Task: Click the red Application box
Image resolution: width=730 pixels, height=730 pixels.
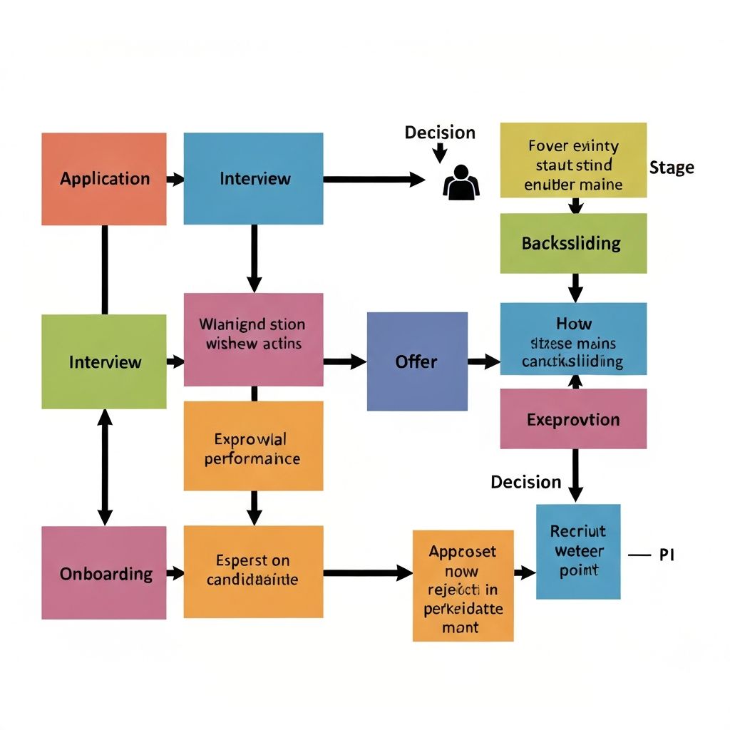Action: click(104, 179)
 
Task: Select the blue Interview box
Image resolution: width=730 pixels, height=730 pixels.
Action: click(253, 179)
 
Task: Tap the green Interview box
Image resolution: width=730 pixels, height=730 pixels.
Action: click(104, 361)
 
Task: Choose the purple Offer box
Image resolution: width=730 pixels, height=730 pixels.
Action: click(417, 361)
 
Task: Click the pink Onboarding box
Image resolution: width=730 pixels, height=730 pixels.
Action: click(104, 573)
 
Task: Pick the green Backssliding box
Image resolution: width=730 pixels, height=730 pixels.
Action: click(573, 243)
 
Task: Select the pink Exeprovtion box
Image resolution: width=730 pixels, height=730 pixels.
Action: click(573, 418)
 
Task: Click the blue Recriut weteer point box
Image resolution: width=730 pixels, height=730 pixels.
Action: click(577, 551)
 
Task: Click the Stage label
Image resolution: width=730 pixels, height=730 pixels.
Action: click(672, 168)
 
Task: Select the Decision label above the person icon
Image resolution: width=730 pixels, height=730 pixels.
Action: click(440, 133)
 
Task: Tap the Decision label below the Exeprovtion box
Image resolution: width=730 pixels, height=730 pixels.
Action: click(526, 482)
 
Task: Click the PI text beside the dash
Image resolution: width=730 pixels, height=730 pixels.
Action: click(667, 555)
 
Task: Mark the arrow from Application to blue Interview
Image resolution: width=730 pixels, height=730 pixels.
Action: click(175, 179)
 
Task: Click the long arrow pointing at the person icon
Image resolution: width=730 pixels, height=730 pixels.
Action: click(374, 179)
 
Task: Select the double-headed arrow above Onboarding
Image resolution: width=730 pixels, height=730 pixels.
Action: click(105, 468)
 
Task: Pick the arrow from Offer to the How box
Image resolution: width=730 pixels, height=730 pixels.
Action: click(484, 361)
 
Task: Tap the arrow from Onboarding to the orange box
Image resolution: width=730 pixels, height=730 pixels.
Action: click(175, 573)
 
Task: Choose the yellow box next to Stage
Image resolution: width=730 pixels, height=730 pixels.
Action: click(573, 160)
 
